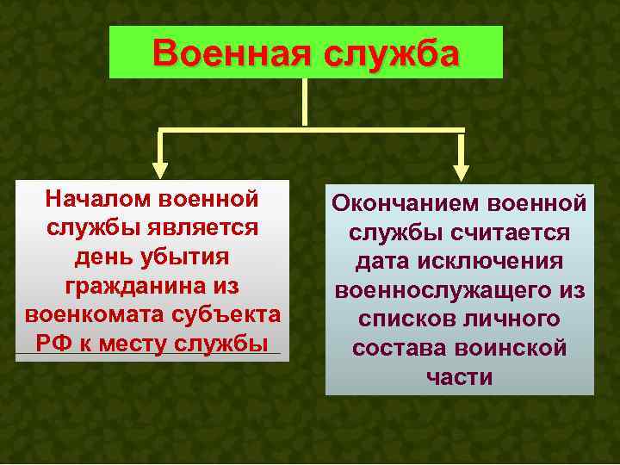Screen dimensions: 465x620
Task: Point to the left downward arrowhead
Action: pos(161,160)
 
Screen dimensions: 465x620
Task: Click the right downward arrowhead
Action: pos(462,160)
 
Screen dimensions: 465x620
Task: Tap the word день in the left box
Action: pos(102,257)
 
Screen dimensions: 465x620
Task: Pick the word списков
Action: pos(405,319)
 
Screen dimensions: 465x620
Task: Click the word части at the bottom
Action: pos(459,377)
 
